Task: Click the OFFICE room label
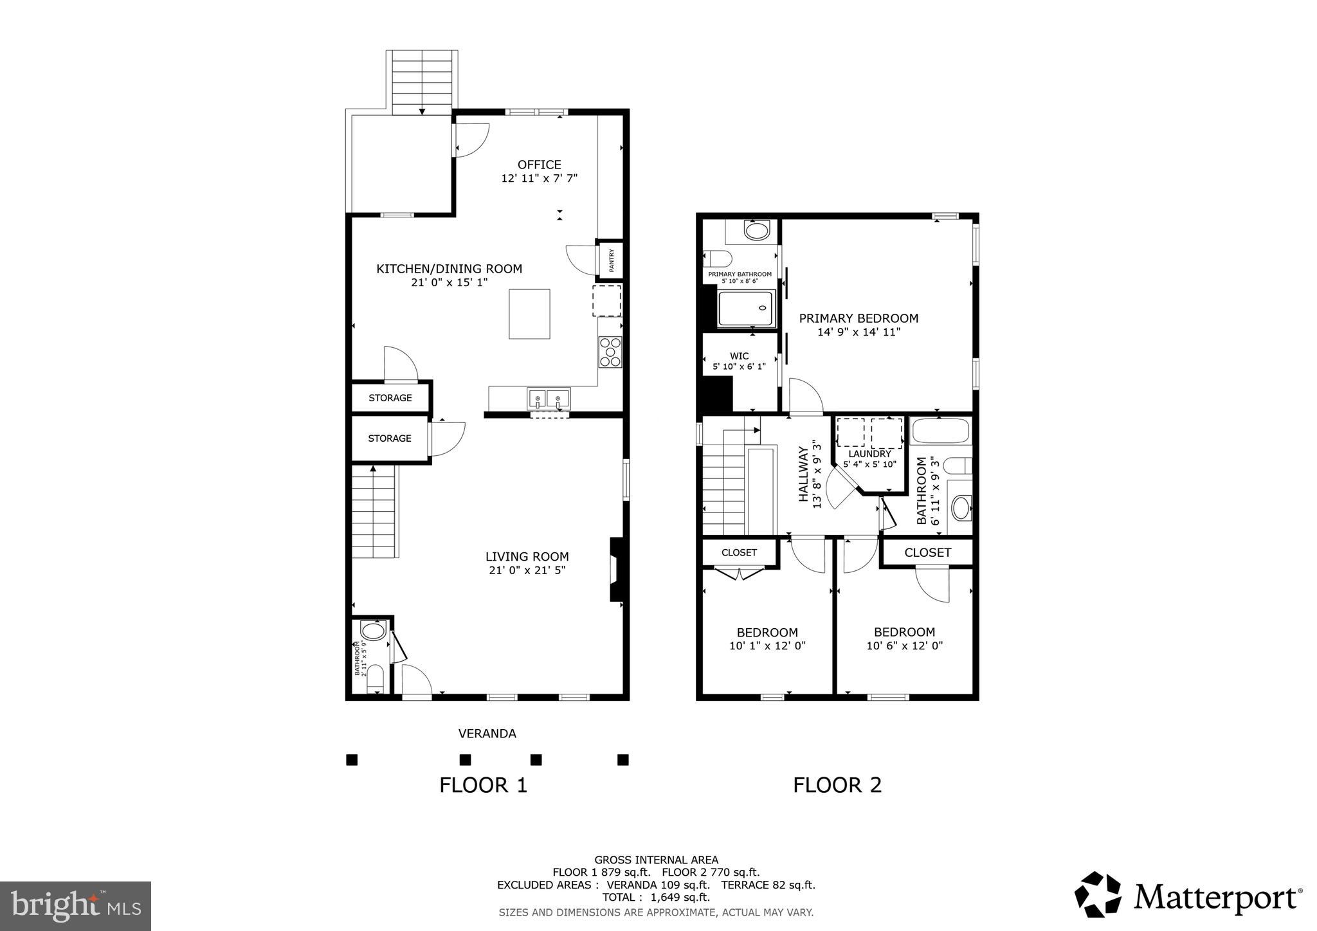click(539, 165)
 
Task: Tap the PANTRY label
click(612, 260)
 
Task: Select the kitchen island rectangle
click(529, 314)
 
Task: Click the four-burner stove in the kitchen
click(610, 352)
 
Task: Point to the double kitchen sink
click(549, 399)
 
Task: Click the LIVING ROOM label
click(527, 557)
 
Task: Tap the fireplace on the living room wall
click(616, 570)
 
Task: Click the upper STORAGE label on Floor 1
click(390, 398)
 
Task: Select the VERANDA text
click(487, 734)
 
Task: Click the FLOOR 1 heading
click(483, 785)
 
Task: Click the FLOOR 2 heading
click(837, 785)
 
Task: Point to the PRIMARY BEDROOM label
click(858, 318)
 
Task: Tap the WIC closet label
click(739, 356)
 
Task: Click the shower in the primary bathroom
click(746, 309)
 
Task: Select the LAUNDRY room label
click(869, 454)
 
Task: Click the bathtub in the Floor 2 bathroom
click(940, 431)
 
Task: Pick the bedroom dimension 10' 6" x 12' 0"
click(904, 646)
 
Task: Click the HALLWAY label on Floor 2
click(803, 474)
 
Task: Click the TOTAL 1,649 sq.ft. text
click(655, 898)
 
